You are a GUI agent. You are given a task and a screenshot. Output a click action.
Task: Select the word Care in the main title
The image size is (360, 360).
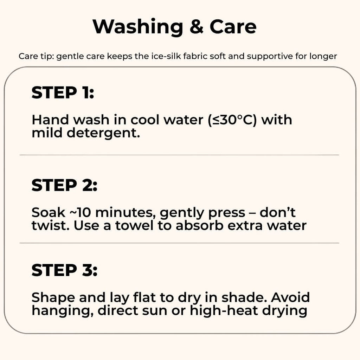(x=233, y=27)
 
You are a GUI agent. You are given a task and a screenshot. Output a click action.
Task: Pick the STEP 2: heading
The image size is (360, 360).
(x=64, y=185)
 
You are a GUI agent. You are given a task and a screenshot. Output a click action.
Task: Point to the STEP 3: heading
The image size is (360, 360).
(x=64, y=270)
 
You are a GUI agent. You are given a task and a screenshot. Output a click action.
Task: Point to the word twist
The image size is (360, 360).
(x=49, y=225)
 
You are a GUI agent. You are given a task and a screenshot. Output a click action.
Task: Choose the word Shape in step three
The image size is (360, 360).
(x=53, y=297)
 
